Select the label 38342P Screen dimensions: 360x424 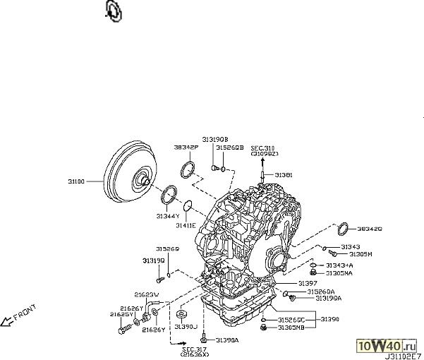186,148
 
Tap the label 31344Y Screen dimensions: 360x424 167,215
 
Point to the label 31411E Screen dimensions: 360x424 187,225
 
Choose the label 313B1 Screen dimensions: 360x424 283,174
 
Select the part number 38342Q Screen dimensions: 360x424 369,229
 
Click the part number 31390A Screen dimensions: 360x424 227,340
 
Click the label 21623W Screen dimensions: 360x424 147,294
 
